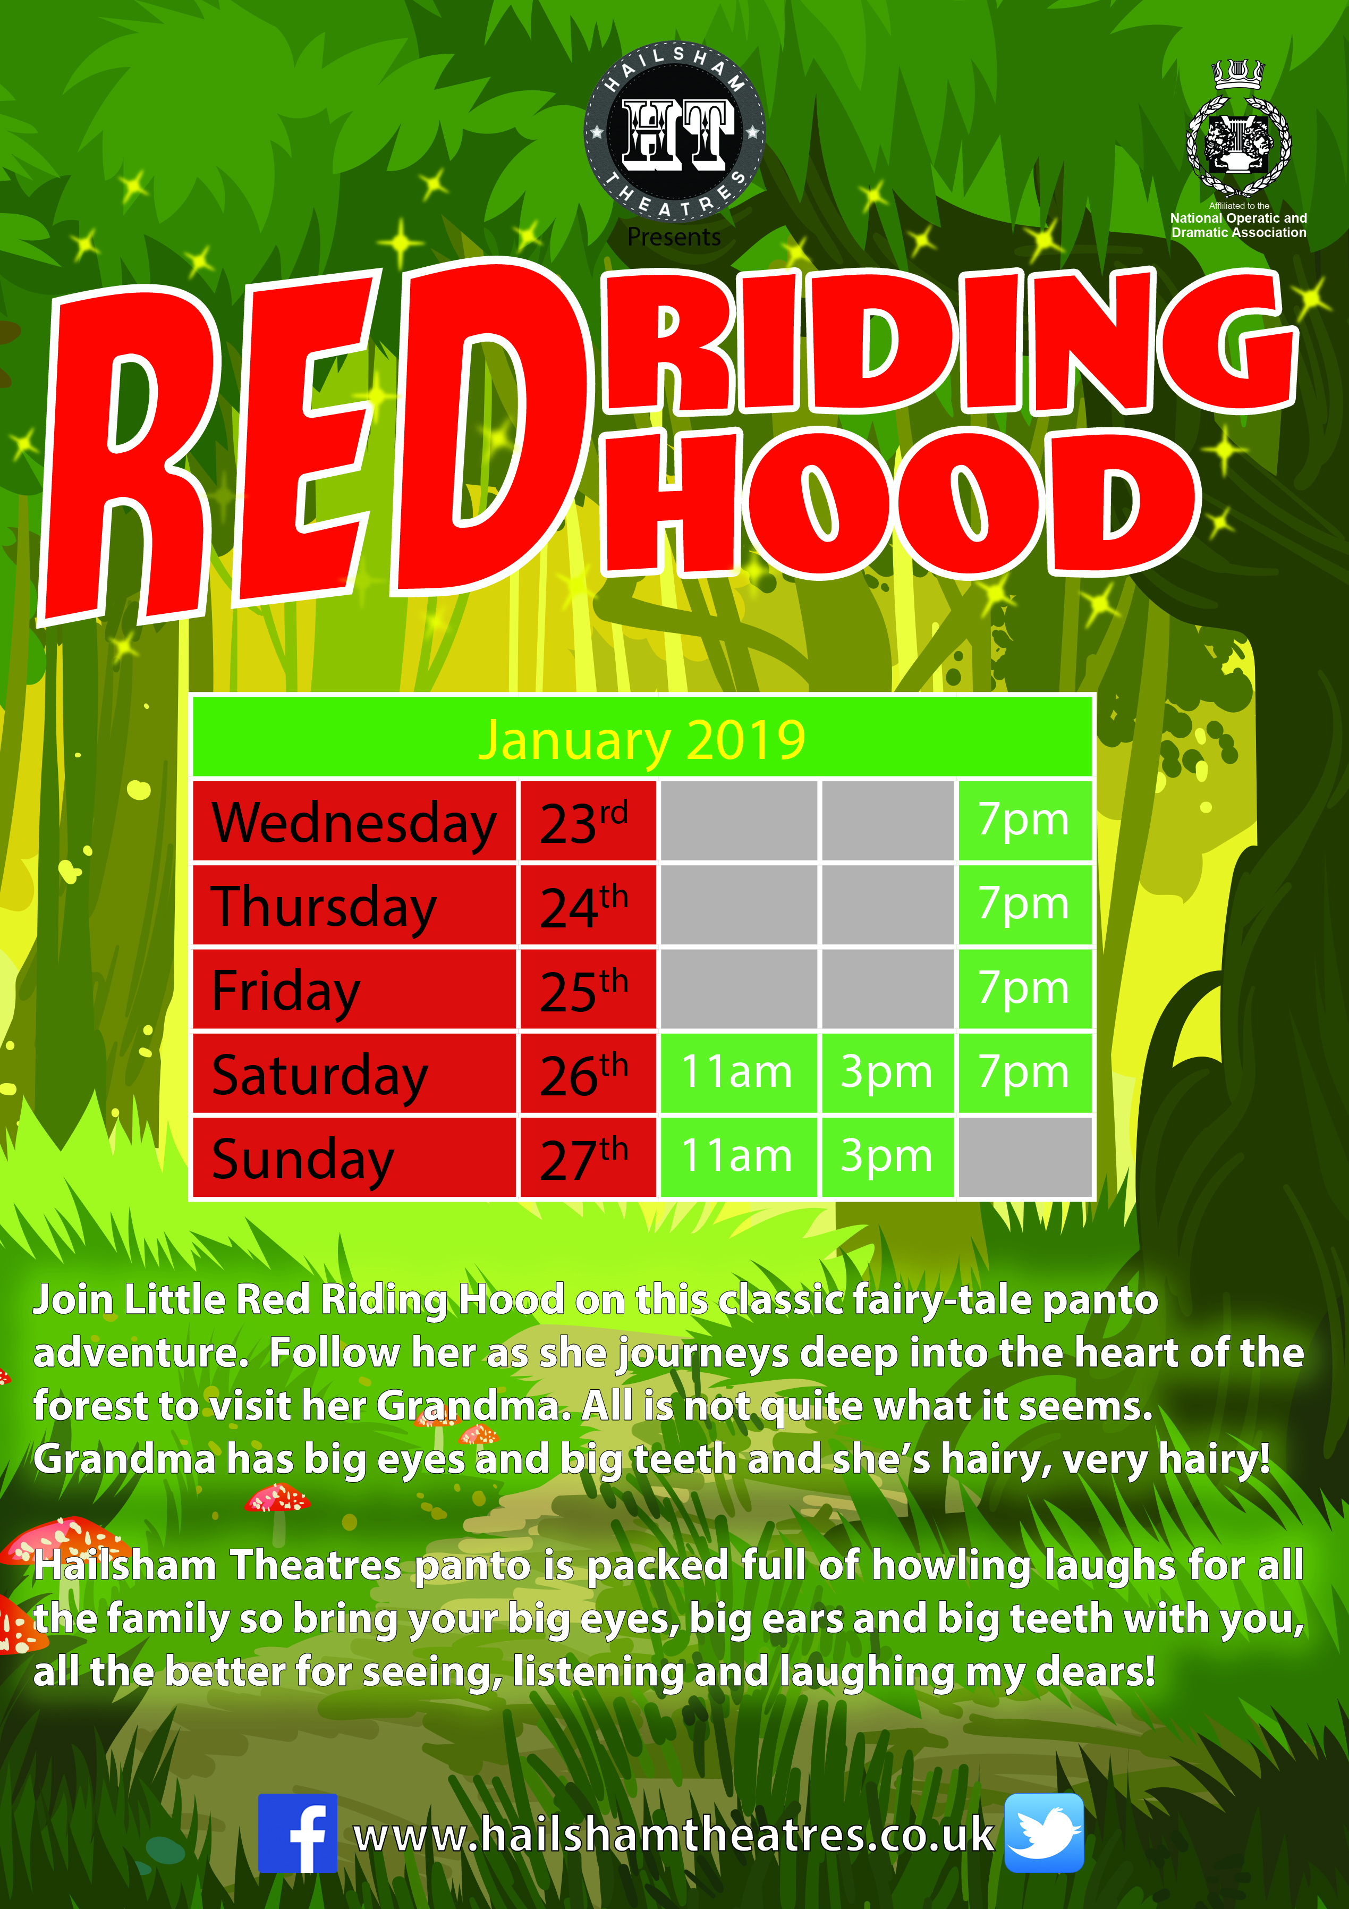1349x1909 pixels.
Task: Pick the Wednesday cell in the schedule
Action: [x=354, y=821]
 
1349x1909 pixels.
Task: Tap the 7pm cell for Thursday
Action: [x=1024, y=905]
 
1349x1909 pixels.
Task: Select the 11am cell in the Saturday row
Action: [x=738, y=1072]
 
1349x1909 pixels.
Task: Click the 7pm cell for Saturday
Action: [x=1024, y=1072]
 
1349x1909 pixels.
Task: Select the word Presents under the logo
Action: [x=674, y=238]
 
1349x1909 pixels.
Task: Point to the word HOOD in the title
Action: [x=902, y=503]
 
